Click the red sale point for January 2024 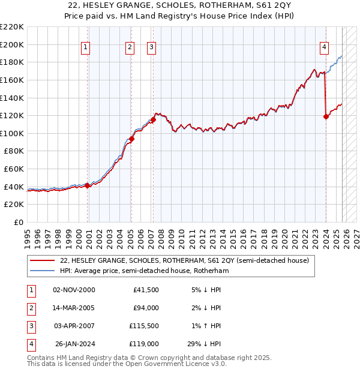click(326, 116)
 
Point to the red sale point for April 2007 click(153, 119)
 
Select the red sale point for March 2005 click(131, 139)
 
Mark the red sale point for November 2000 click(88, 185)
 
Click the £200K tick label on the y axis click(12, 44)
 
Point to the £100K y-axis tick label click(12, 133)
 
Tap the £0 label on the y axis click(18, 222)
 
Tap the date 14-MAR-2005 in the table click(74, 308)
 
